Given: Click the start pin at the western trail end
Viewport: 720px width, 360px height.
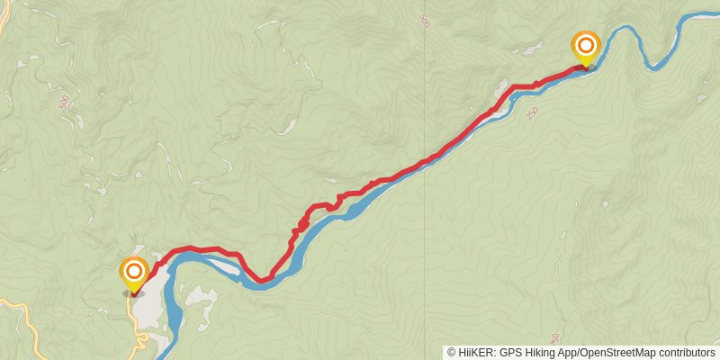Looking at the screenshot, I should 134,272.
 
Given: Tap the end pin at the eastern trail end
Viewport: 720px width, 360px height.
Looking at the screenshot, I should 586,45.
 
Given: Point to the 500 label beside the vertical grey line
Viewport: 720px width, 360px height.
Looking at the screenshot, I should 425,19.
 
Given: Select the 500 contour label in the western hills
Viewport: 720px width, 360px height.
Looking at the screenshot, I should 63,103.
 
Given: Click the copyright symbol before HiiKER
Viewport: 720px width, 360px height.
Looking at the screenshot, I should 452,353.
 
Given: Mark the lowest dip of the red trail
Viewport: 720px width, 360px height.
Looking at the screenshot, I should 262,281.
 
